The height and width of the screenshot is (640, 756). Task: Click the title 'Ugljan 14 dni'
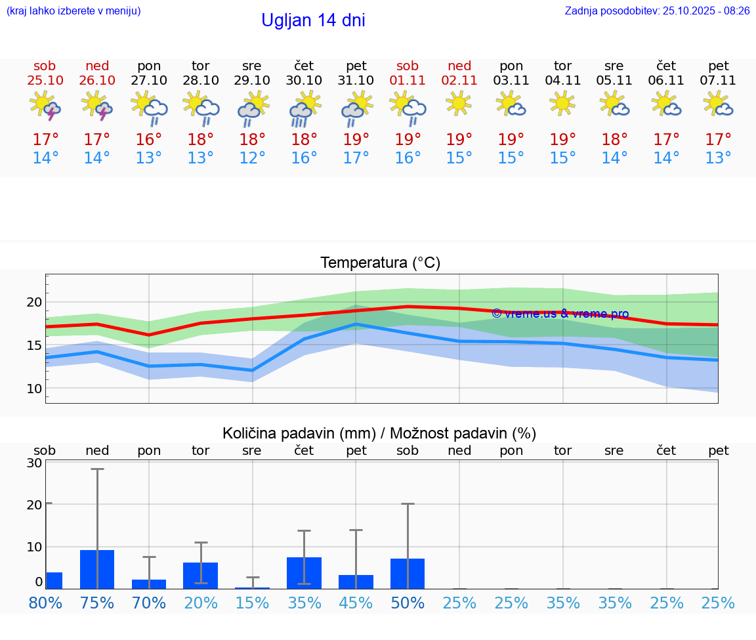tap(313, 20)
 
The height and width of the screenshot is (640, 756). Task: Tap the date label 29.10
tap(252, 80)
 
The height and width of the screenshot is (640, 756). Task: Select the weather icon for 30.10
tap(304, 109)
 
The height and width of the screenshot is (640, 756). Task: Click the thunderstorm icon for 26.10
tap(97, 106)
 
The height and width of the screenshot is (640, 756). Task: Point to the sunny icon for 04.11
tap(562, 104)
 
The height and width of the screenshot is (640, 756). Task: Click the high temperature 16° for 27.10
tap(149, 140)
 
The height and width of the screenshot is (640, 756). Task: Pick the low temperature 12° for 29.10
tap(252, 158)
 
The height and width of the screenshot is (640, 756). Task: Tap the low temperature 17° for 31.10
tap(356, 158)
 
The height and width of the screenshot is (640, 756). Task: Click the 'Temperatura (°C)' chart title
tap(380, 263)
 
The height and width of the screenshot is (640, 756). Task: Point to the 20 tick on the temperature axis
tap(34, 302)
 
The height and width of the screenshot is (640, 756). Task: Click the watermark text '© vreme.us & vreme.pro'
tap(560, 314)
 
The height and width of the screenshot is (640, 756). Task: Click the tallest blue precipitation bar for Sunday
tap(97, 569)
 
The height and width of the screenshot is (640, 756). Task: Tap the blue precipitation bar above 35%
tap(304, 573)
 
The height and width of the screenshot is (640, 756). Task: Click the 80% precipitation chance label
tap(45, 603)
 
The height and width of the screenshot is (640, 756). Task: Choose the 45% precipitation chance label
tap(356, 603)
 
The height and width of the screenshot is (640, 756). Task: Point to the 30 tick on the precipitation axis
tap(34, 462)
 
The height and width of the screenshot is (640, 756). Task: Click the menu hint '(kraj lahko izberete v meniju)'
tap(73, 11)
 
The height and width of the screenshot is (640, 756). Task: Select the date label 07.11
tap(718, 80)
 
